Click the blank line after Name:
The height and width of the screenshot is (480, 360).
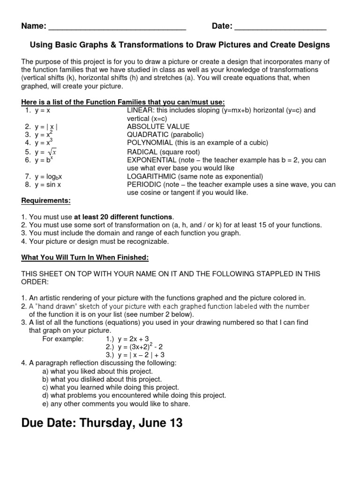pos(117,27)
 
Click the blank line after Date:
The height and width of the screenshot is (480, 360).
pos(280,27)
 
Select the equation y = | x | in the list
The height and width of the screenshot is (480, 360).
pos(46,127)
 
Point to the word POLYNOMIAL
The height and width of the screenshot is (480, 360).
pos(150,142)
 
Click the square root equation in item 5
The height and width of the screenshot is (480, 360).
pos(46,152)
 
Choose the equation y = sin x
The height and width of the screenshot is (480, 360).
pos(48,185)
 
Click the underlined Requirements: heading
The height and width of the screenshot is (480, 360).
pos(46,201)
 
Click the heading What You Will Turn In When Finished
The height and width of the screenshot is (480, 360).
pos(85,257)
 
